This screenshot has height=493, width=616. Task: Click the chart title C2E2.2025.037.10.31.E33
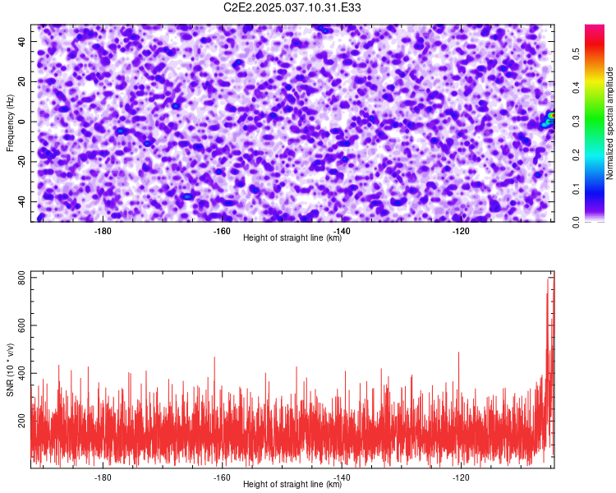tap(292, 7)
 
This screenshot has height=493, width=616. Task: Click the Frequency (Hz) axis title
tap(10, 123)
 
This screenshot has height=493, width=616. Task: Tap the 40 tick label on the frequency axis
tap(21, 41)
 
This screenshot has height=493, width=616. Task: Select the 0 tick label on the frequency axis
tap(21, 122)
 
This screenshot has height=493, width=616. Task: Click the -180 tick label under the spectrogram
tap(103, 231)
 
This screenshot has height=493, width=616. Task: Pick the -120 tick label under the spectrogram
tap(461, 231)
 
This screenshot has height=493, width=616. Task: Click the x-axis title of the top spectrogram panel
tap(292, 237)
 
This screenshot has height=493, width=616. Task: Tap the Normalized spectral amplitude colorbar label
tap(609, 122)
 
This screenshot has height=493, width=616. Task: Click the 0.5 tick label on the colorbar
tap(576, 53)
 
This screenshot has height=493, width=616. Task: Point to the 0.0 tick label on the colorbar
tap(576, 223)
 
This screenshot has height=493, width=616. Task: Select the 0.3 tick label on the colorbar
tap(576, 121)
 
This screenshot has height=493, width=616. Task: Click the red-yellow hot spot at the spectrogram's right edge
tap(552, 115)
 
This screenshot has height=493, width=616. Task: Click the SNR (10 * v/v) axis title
tap(10, 370)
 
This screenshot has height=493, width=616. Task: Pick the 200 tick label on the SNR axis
tap(21, 421)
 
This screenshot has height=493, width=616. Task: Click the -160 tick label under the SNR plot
tap(222, 477)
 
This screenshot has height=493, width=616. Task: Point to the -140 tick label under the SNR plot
tap(342, 477)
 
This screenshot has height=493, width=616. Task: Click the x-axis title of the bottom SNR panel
tap(292, 484)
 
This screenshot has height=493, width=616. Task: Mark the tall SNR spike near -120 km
tap(458, 377)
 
